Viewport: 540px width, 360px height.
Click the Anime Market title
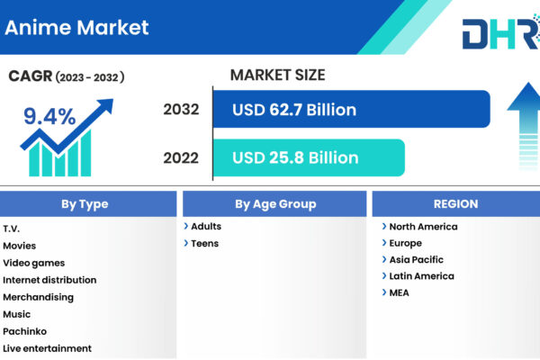[76, 28]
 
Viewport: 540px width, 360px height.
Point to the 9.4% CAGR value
[49, 116]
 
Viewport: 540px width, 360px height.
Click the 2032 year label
[181, 109]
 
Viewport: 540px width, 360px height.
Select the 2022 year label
[181, 157]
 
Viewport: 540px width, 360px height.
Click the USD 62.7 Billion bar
[352, 109]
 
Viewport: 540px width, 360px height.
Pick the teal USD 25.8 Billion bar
[309, 157]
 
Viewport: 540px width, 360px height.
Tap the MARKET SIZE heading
[277, 75]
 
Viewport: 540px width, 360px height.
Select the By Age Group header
[274, 204]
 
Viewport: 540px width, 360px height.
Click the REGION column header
[456, 204]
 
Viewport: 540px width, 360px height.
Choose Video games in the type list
[34, 263]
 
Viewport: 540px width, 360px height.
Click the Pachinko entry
[25, 331]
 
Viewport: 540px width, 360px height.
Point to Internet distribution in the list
[49, 280]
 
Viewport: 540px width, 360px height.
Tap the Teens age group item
[205, 244]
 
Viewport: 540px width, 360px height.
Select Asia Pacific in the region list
[417, 259]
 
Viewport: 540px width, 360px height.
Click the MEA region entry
[399, 292]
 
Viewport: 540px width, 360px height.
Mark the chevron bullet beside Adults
[186, 226]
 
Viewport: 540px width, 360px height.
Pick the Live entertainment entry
[47, 348]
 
